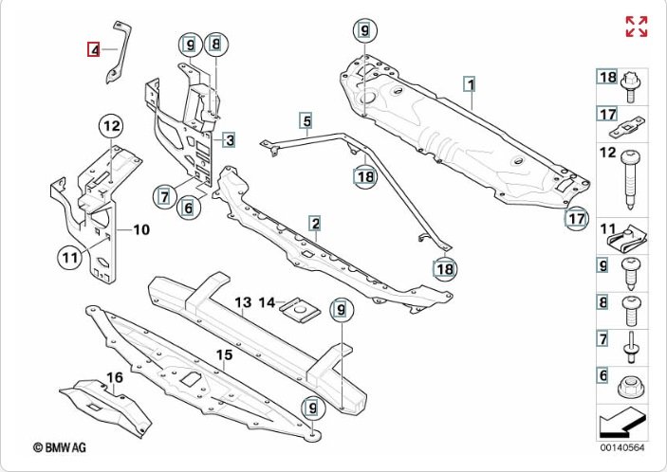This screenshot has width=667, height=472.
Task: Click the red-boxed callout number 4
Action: pos(94,49)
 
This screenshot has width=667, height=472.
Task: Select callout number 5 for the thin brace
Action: pos(306,120)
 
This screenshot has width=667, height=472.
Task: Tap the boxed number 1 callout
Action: pos(469,83)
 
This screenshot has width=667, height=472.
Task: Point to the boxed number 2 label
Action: pos(314,224)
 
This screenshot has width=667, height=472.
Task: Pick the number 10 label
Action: pos(140,229)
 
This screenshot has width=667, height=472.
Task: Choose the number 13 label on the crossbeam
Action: pos(243,303)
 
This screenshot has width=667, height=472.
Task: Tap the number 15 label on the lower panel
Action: pos(224,355)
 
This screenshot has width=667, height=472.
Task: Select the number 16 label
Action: pos(114,379)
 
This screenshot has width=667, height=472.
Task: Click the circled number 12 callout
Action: pos(112,125)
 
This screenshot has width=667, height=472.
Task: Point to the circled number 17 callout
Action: pos(575,219)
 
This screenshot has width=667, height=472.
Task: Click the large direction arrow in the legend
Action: pos(621,423)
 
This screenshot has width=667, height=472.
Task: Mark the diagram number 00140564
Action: pos(621,447)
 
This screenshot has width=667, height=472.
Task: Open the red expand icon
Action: pos(636,27)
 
